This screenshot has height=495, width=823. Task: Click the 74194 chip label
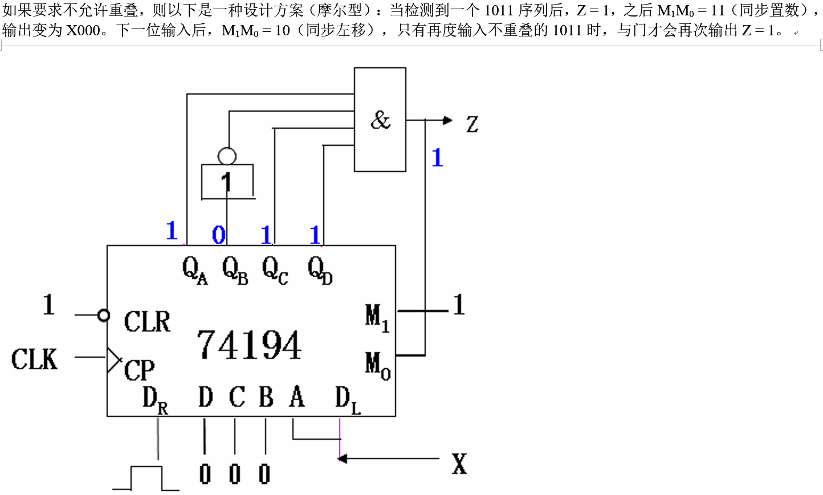click(249, 345)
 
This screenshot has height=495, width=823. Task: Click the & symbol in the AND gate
click(380, 120)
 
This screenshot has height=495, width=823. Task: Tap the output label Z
click(472, 124)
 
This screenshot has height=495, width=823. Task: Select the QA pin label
click(194, 269)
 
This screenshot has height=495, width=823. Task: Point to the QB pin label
click(234, 269)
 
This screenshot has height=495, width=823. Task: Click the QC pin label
click(275, 269)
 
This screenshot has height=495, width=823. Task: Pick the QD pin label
click(319, 269)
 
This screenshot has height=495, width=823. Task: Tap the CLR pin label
click(147, 322)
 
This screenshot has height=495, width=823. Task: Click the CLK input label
click(34, 359)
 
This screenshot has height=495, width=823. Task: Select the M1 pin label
click(377, 317)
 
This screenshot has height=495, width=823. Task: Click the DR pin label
click(154, 399)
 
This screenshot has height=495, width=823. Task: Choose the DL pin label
click(347, 399)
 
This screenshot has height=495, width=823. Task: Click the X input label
click(459, 464)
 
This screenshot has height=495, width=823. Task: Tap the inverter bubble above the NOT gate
click(227, 156)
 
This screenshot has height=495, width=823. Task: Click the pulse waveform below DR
click(146, 478)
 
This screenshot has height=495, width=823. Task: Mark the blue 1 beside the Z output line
click(437, 158)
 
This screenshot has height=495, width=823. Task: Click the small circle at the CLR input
click(103, 315)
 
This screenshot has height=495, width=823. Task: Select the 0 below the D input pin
click(205, 474)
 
